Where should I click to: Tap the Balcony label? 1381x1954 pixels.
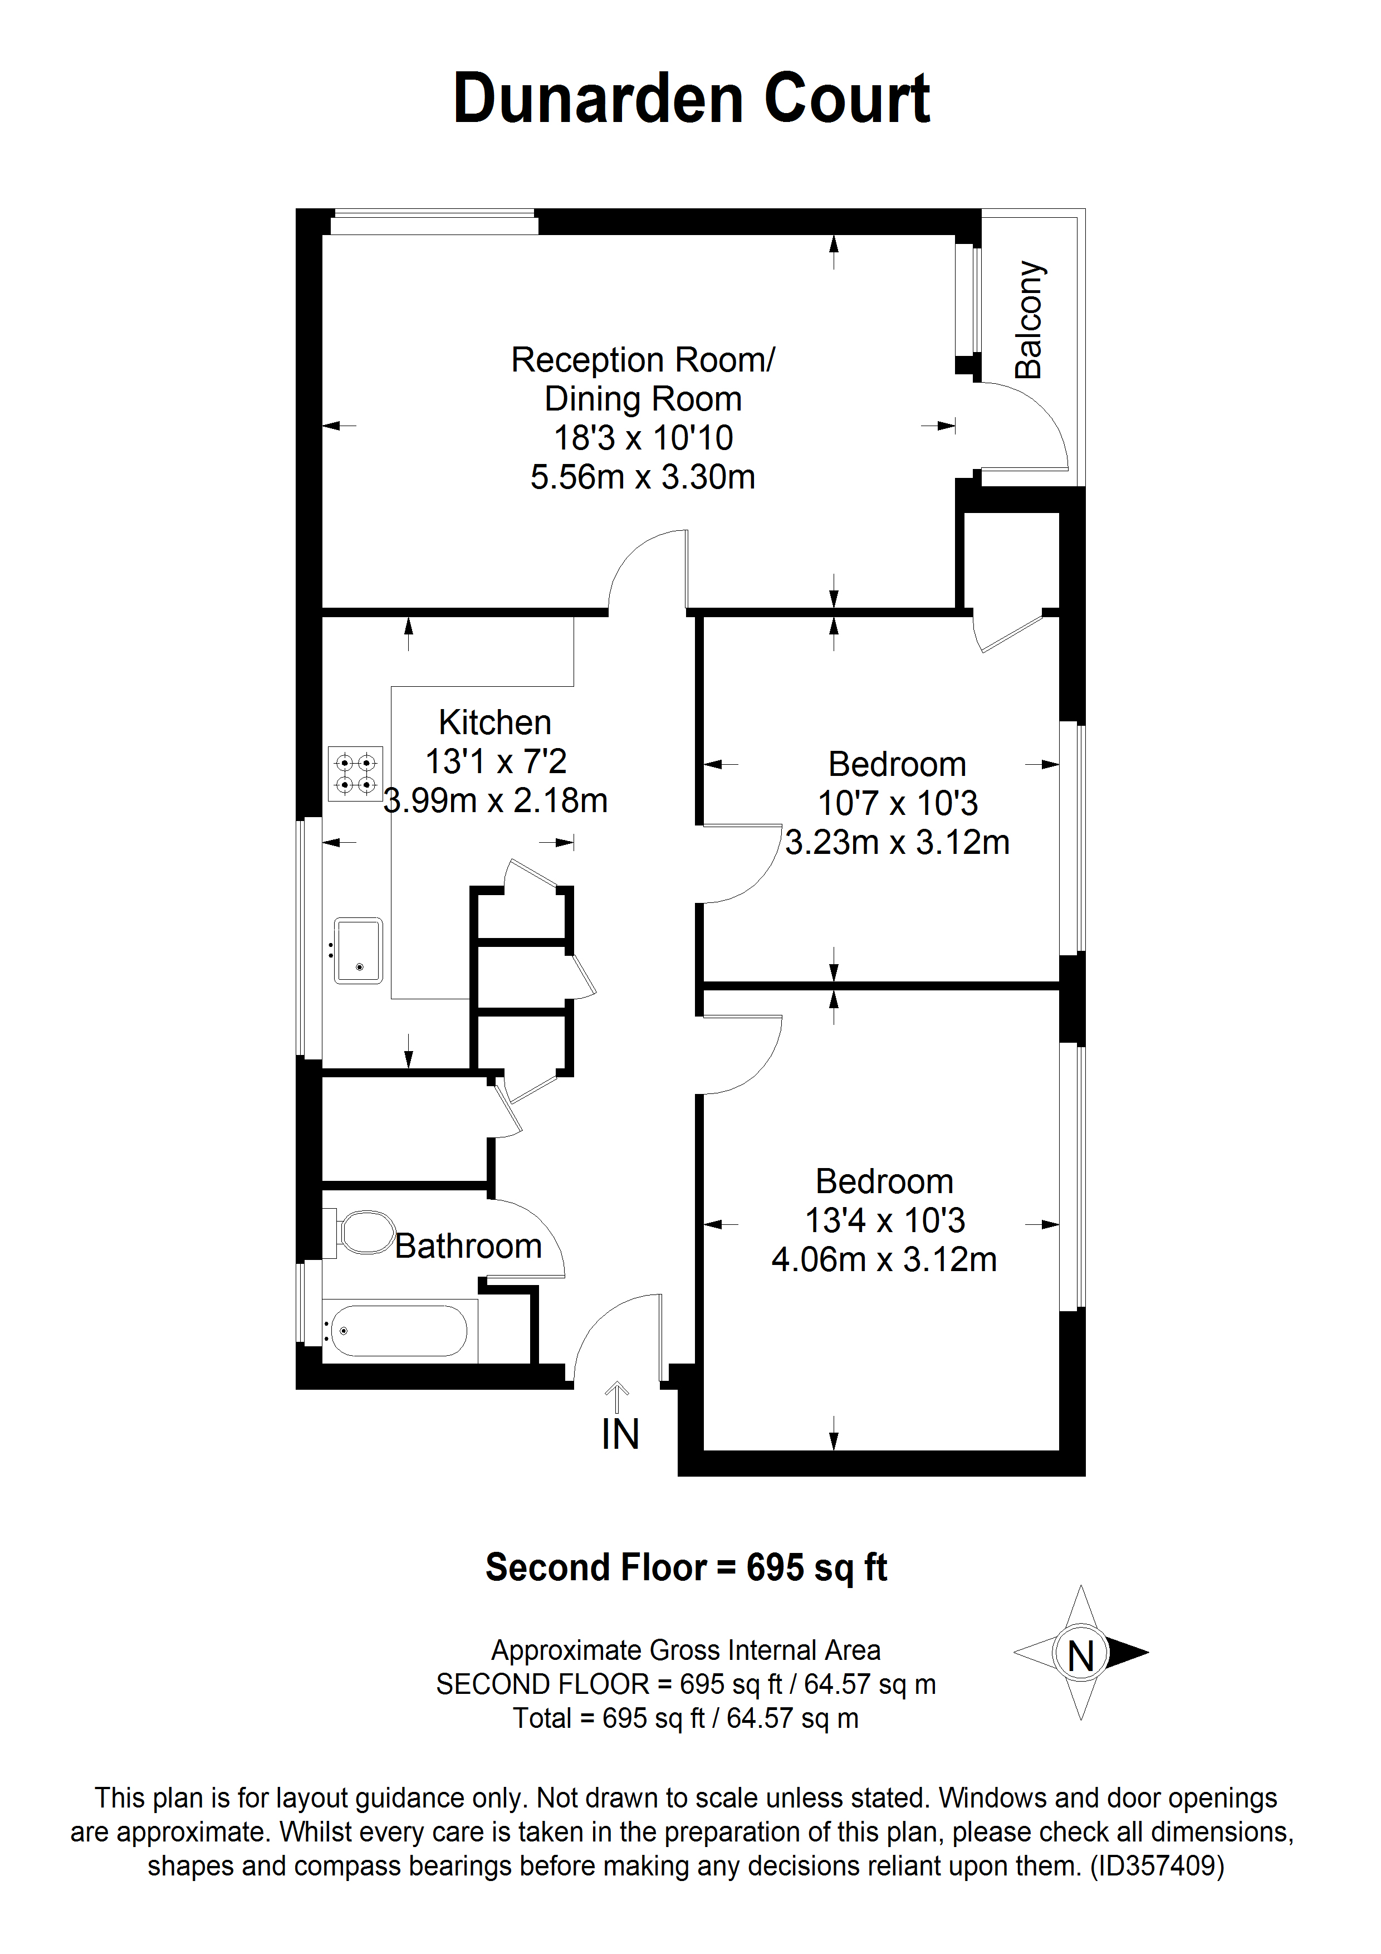tap(1029, 319)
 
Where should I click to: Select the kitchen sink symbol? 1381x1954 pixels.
tap(358, 951)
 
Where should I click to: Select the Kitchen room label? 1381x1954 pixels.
tap(494, 722)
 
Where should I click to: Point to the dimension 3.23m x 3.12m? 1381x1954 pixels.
tap(897, 843)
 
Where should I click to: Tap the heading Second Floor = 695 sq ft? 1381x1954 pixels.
tap(686, 1567)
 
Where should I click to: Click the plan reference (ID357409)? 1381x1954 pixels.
tap(1157, 1867)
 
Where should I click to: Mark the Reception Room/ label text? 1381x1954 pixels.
tap(643, 360)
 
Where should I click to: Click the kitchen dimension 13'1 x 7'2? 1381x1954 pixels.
tap(495, 761)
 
